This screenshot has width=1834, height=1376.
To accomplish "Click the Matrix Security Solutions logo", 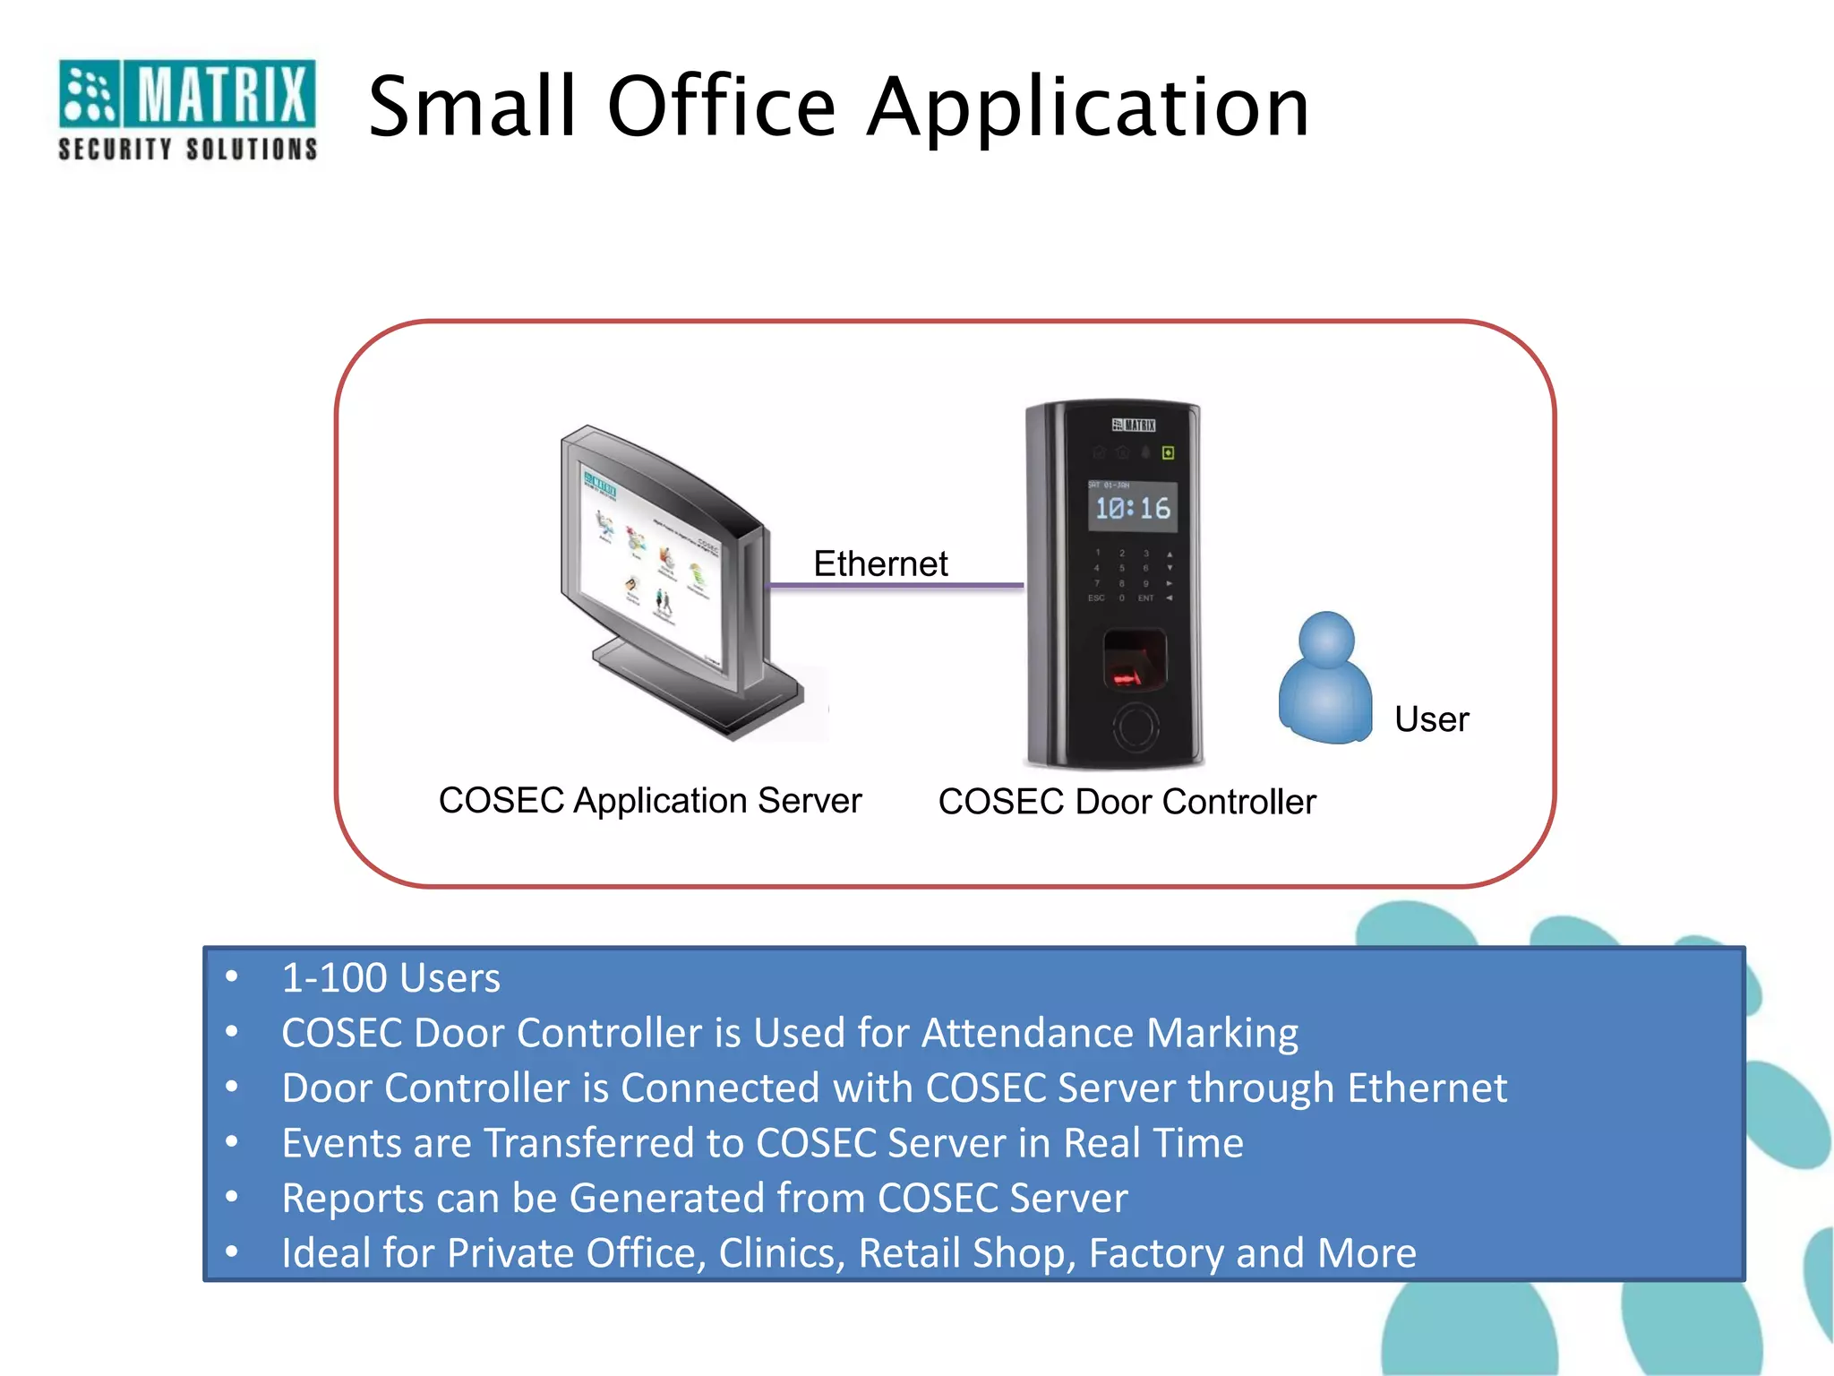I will pyautogui.click(x=187, y=109).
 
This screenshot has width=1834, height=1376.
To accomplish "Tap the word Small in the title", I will pyautogui.click(x=472, y=107).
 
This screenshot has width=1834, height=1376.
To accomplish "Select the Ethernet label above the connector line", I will pyautogui.click(x=880, y=563).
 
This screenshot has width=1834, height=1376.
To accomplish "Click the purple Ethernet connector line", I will pyautogui.click(x=896, y=586).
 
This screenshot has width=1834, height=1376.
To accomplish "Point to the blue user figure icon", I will pyautogui.click(x=1325, y=681).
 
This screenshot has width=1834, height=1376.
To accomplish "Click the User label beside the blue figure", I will pyautogui.click(x=1431, y=719).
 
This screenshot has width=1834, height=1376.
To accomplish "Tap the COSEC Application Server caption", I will pyautogui.click(x=650, y=800).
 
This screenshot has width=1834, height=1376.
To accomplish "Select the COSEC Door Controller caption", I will pyautogui.click(x=1127, y=802).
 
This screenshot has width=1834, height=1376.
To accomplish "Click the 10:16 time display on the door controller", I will pyautogui.click(x=1133, y=509).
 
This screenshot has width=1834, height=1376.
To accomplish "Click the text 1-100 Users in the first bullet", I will pyautogui.click(x=390, y=977).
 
